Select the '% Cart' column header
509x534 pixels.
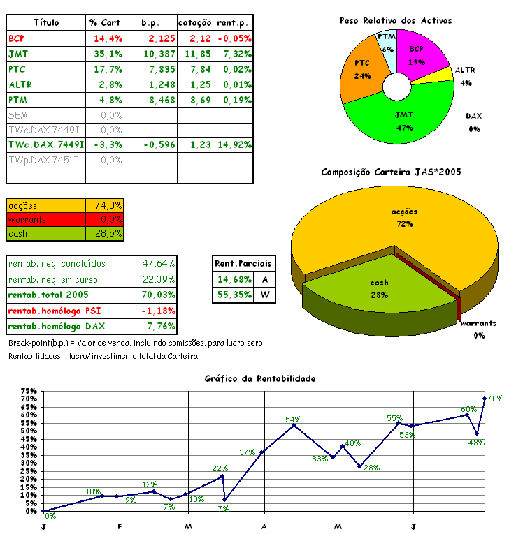106,23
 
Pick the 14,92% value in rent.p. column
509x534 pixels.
234,145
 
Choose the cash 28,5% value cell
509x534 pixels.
108,233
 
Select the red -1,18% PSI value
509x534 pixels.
158,310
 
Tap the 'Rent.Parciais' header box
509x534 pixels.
244,263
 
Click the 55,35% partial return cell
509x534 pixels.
234,295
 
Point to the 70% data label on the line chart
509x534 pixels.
495,399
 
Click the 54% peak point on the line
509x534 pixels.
294,424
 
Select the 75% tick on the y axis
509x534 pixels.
29,391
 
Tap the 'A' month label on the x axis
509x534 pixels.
264,526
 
